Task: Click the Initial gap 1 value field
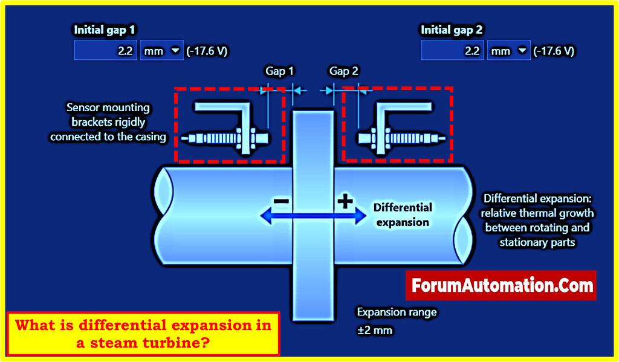(106, 51)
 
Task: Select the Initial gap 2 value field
(452, 51)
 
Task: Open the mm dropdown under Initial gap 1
(161, 51)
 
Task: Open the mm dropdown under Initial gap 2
(508, 51)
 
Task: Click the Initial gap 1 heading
(105, 29)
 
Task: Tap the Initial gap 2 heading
(452, 29)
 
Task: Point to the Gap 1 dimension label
(279, 71)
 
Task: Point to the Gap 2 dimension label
(344, 71)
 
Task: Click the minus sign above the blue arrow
(280, 201)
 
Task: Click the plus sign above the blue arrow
(345, 201)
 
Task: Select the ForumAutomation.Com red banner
(501, 285)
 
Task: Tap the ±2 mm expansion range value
(375, 331)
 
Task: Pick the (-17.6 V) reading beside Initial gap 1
(207, 51)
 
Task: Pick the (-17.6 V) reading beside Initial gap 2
(554, 51)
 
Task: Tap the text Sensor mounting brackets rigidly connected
(108, 122)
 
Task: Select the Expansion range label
(397, 312)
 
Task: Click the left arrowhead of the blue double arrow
(264, 215)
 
